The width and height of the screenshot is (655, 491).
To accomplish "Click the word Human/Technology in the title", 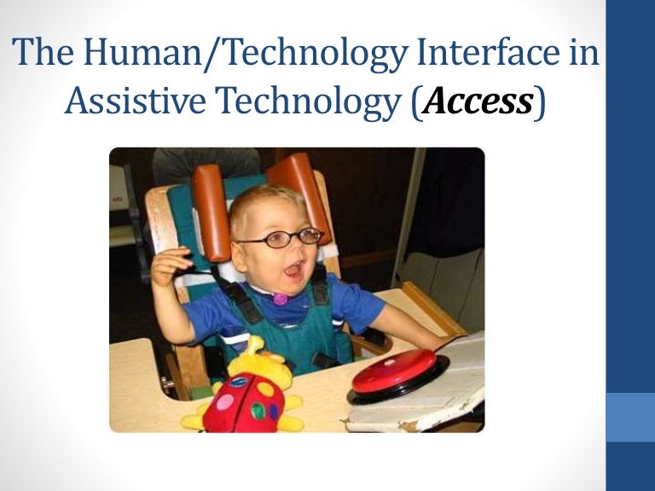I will tap(225, 54).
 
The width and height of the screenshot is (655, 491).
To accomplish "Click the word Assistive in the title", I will tap(136, 102).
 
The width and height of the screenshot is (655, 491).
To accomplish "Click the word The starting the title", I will tap(44, 54).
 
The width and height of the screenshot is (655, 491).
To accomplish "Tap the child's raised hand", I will tap(168, 266).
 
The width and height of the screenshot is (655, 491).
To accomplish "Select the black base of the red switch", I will tap(401, 391).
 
